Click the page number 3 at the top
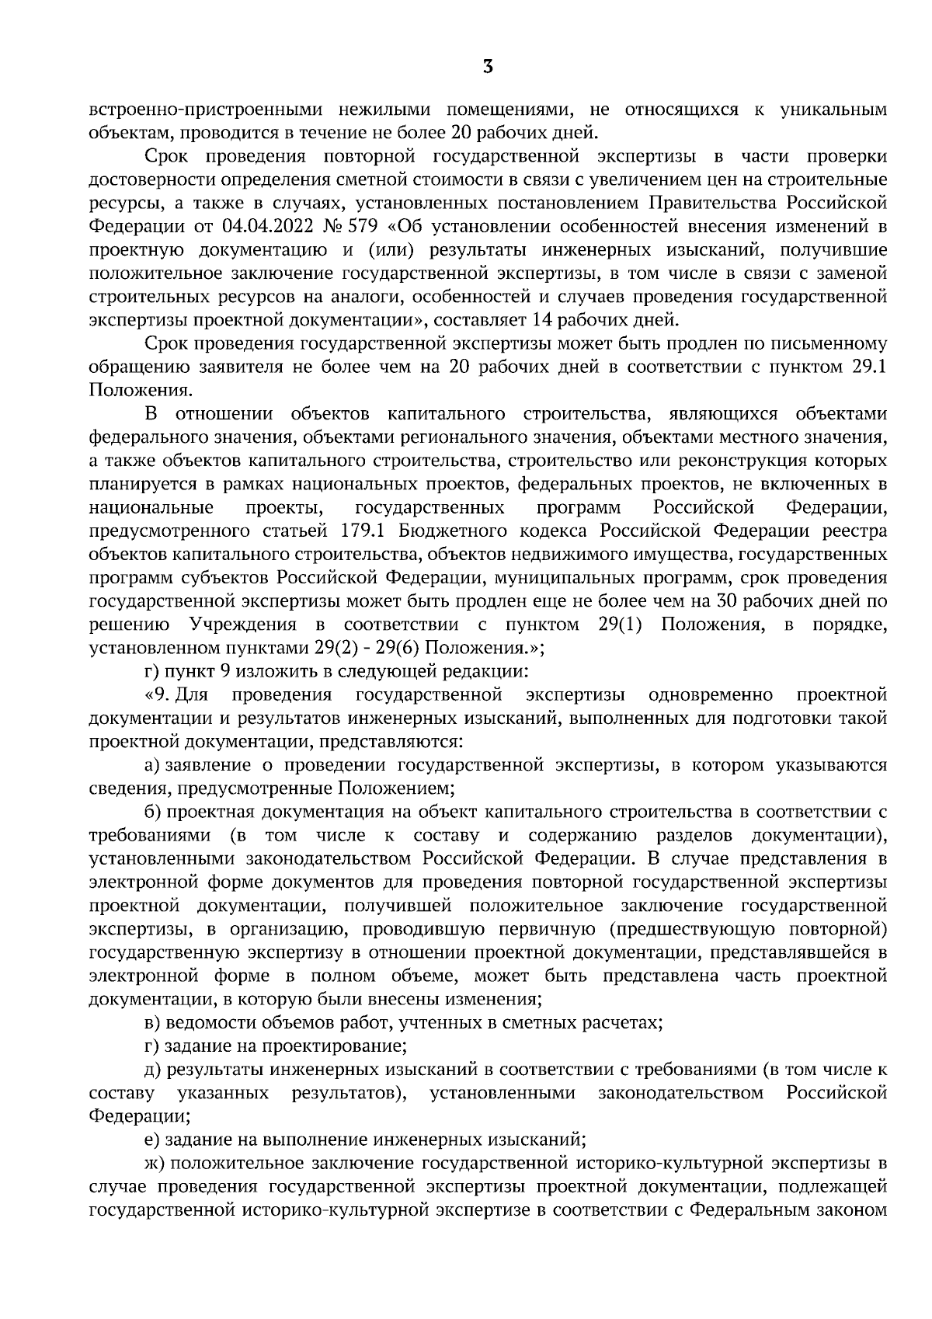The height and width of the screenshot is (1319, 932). click(487, 67)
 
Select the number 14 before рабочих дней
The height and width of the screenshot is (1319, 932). click(540, 318)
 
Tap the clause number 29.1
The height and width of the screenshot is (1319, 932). click(869, 365)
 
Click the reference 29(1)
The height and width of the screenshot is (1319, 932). click(620, 625)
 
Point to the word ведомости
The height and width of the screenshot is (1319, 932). click(208, 1022)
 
